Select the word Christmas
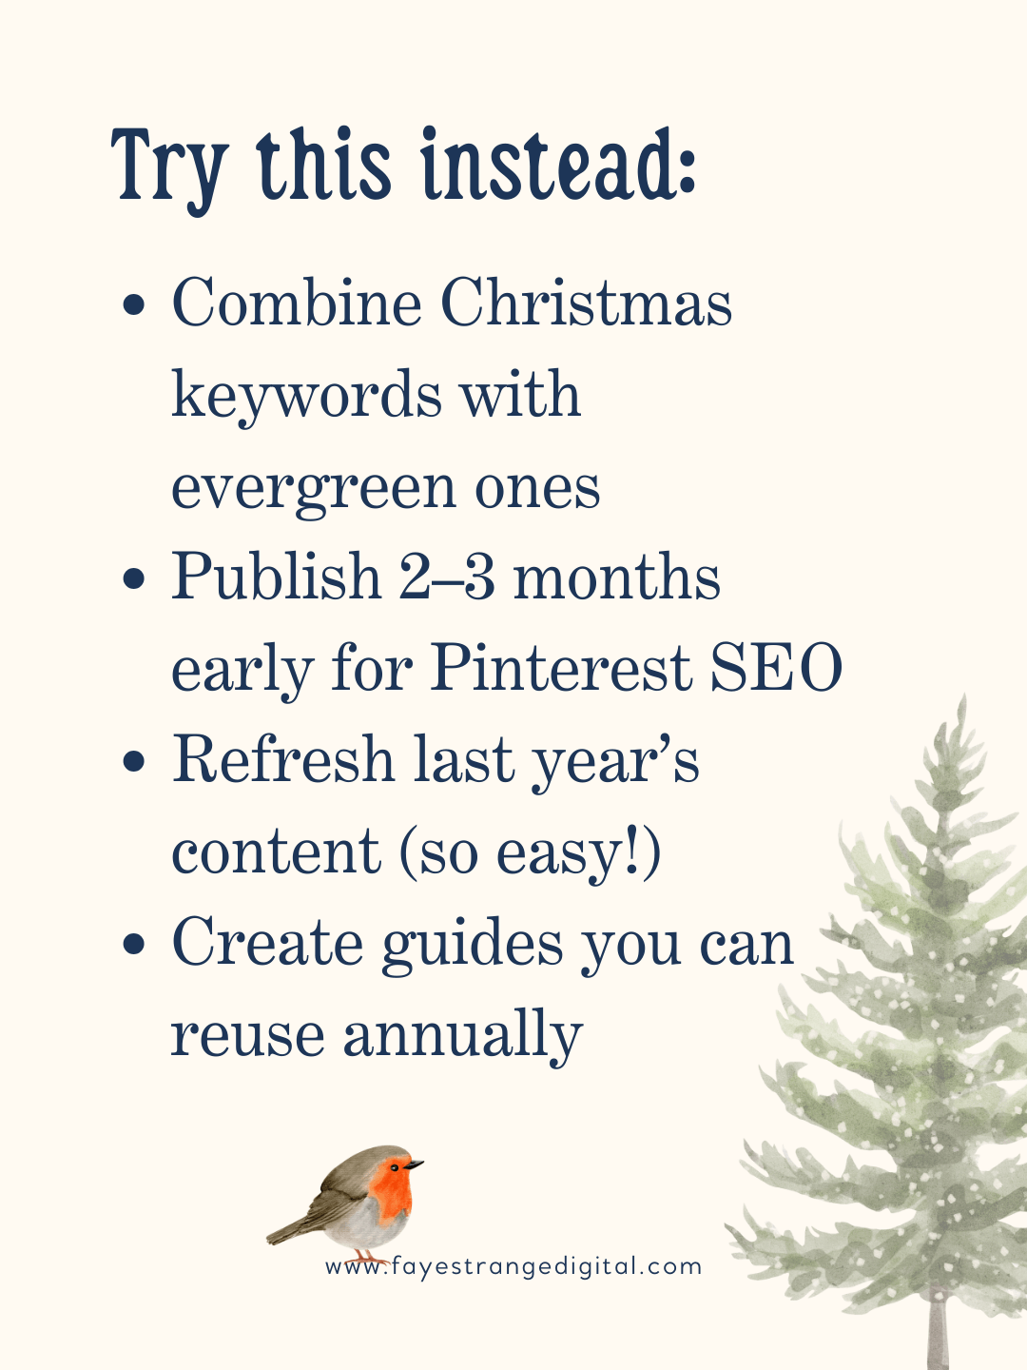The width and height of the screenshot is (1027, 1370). (586, 303)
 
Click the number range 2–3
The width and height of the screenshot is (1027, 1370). (447, 577)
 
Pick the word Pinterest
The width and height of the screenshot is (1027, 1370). (561, 668)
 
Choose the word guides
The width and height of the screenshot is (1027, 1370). (473, 945)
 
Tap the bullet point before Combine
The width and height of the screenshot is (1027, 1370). (135, 305)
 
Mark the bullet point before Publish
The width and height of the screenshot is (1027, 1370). (135, 579)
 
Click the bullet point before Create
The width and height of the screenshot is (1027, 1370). (135, 945)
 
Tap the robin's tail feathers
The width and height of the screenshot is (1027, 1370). (285, 1234)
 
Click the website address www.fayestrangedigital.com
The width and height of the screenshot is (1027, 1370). (513, 1266)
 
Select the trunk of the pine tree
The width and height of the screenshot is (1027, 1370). (938, 1332)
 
